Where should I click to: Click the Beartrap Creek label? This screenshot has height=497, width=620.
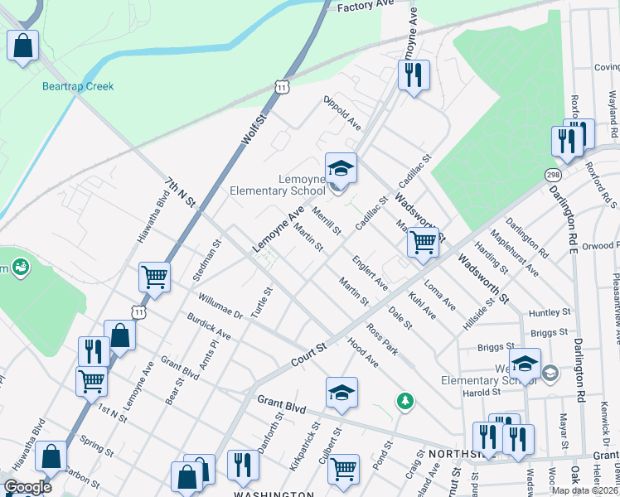pyautogui.click(x=78, y=86)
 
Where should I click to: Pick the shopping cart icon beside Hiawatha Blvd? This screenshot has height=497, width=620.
pyautogui.click(x=154, y=277)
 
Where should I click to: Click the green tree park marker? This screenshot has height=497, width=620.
pyautogui.click(x=404, y=401)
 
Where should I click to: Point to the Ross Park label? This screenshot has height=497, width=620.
pyautogui.click(x=383, y=340)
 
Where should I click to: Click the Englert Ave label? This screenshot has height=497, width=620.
pyautogui.click(x=370, y=273)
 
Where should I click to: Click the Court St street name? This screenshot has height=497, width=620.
pyautogui.click(x=310, y=350)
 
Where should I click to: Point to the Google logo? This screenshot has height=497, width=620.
pyautogui.click(x=27, y=488)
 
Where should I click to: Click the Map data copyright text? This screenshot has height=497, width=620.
pyautogui.click(x=584, y=490)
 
